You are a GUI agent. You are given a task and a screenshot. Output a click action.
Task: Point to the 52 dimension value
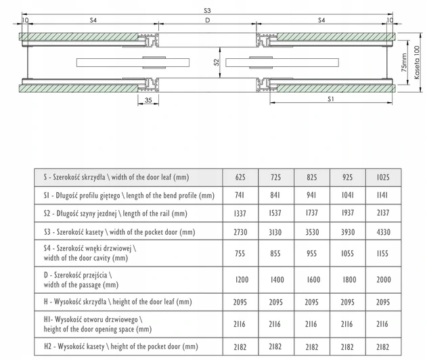[216, 62]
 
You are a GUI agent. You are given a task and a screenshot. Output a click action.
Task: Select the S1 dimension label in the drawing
[330, 99]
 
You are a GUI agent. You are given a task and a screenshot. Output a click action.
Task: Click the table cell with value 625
[240, 177]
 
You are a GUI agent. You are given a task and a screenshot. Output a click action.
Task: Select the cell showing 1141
[382, 196]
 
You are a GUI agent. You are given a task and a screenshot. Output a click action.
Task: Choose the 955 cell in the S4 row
[312, 254]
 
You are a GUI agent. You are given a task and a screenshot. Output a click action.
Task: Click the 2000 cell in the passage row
[382, 279]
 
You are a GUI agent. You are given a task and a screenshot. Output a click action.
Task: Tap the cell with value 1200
[240, 279]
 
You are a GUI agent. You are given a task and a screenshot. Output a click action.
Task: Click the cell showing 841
[276, 196]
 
